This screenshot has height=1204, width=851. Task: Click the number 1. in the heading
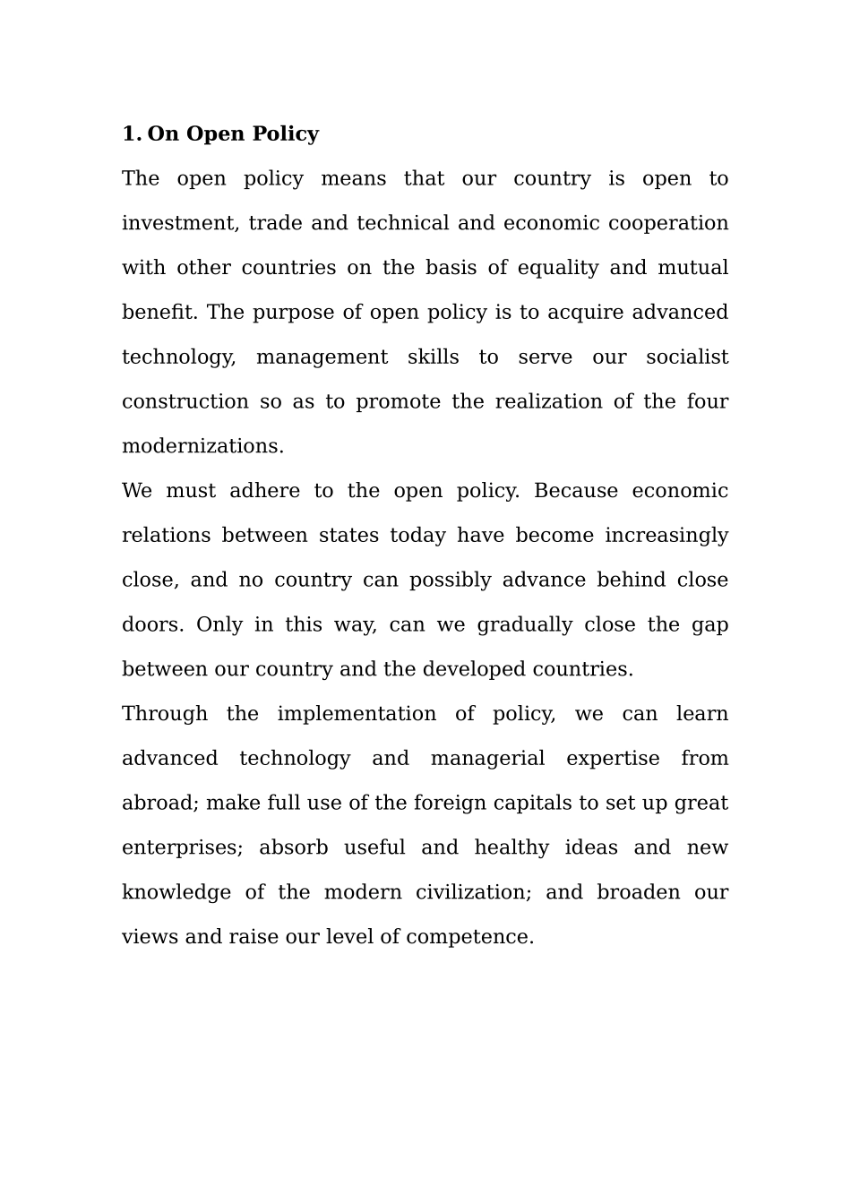(132, 134)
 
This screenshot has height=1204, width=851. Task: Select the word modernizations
(202, 446)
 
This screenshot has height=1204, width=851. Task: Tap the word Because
(575, 491)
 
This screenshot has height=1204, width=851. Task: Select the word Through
(165, 714)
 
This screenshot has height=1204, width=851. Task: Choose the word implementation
(357, 714)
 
